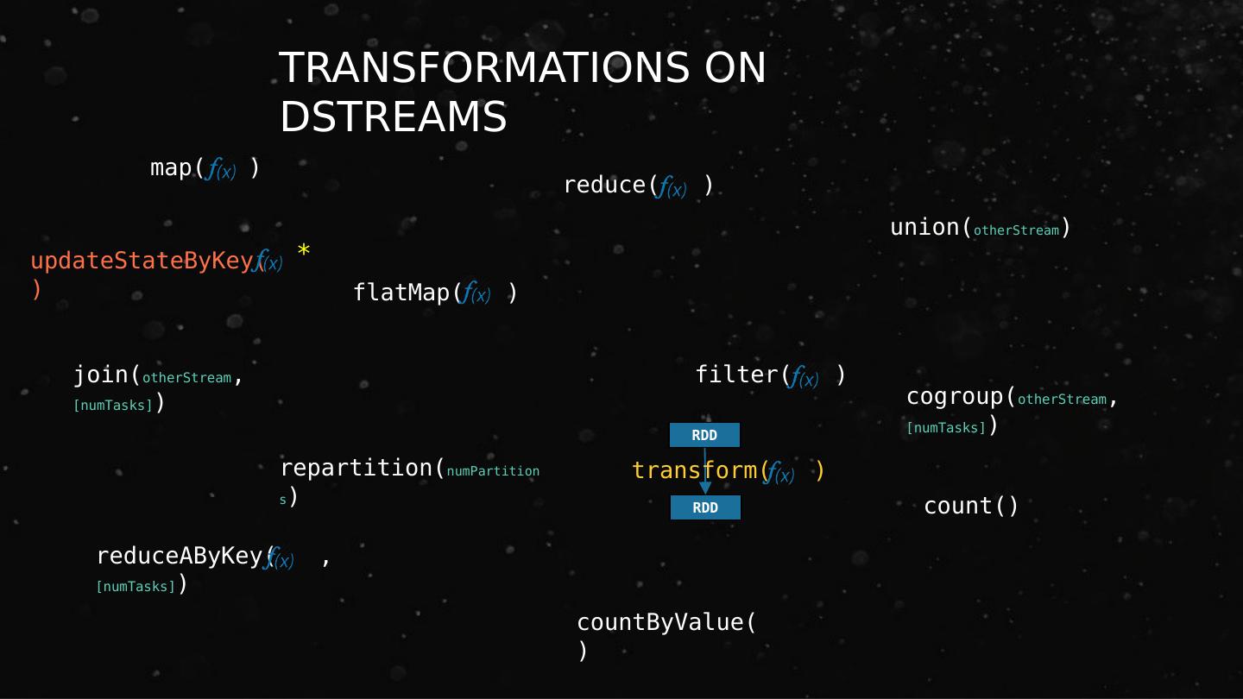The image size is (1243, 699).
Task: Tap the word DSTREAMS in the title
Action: click(x=393, y=116)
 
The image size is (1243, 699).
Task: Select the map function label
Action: click(x=176, y=167)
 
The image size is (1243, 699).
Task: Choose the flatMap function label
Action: click(x=401, y=293)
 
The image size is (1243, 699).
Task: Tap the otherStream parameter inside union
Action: click(x=1016, y=230)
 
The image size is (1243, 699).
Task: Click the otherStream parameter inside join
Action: click(x=186, y=378)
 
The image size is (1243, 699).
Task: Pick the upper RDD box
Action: click(x=704, y=435)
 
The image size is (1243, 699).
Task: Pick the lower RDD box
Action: click(x=705, y=507)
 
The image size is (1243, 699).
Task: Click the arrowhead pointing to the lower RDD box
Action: click(x=705, y=488)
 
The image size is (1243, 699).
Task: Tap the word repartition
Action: click(x=356, y=468)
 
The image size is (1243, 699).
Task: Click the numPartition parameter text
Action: click(x=493, y=471)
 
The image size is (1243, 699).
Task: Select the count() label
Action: click(x=971, y=506)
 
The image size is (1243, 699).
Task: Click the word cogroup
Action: click(x=955, y=397)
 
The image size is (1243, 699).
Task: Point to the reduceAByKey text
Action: click(x=181, y=556)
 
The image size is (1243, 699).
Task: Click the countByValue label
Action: click(x=666, y=622)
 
